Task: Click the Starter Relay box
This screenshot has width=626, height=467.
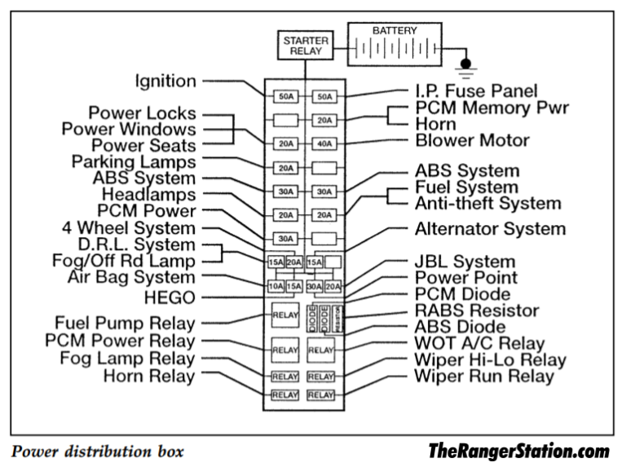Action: click(x=306, y=44)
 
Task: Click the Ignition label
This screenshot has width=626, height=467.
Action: click(x=165, y=81)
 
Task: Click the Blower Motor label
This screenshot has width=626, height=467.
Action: click(x=472, y=140)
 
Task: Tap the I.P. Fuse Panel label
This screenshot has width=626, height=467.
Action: click(x=476, y=91)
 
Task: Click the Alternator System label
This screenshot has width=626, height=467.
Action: click(x=489, y=228)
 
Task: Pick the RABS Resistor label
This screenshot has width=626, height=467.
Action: click(x=476, y=311)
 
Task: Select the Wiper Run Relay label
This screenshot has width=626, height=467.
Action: click(x=483, y=376)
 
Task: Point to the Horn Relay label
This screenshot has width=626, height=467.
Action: click(x=149, y=376)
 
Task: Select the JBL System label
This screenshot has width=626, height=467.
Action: click(x=465, y=262)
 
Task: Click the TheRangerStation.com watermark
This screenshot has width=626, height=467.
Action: click(x=518, y=451)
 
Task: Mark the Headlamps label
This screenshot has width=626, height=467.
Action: click(x=148, y=195)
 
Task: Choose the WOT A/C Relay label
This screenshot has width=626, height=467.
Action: click(x=479, y=343)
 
